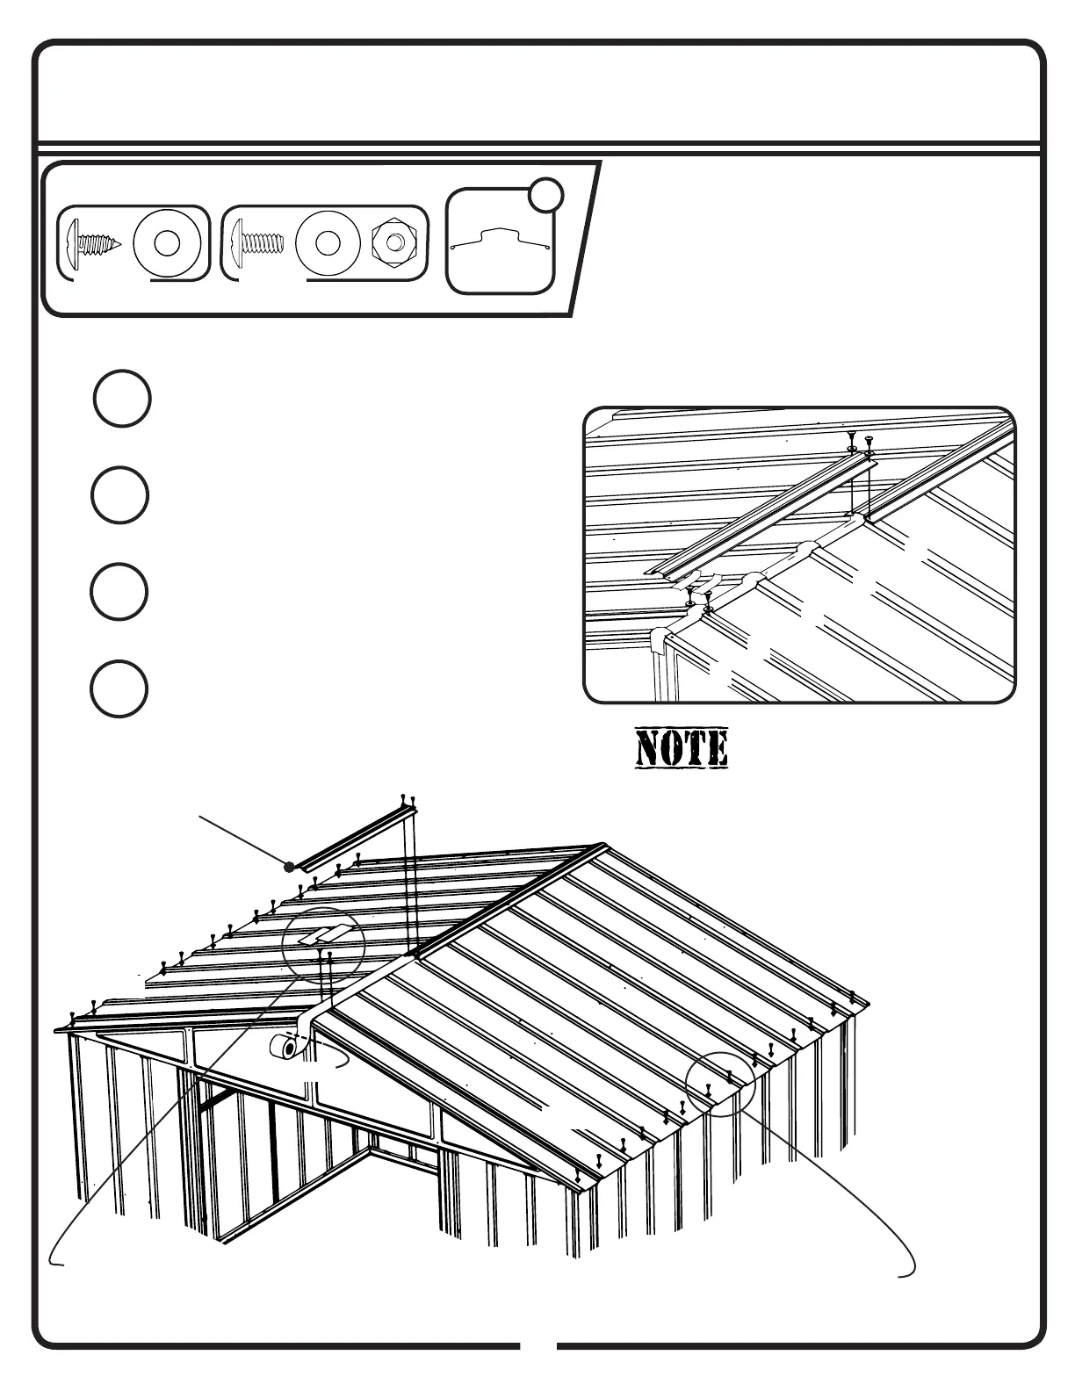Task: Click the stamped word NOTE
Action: [x=682, y=749]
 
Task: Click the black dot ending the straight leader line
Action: [x=289, y=867]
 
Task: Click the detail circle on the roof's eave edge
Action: [x=721, y=1084]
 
